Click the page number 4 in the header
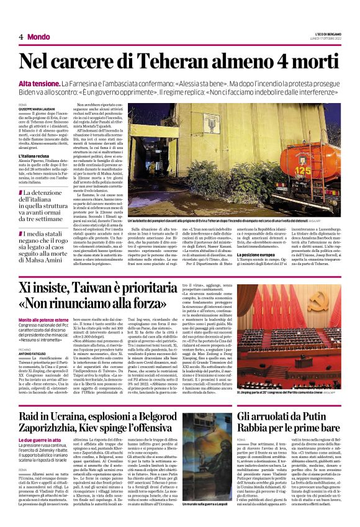click(20, 36)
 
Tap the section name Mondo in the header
click(38, 36)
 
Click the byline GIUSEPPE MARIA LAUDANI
click(36, 109)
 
